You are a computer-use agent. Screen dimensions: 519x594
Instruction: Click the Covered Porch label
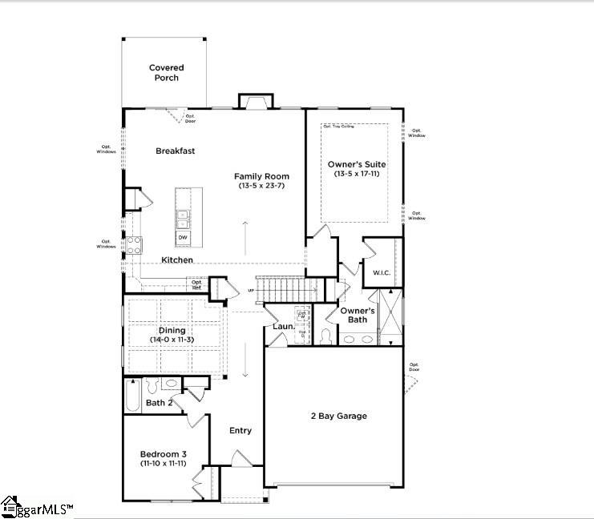click(x=167, y=73)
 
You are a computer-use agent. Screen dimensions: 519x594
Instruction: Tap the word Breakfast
click(x=175, y=151)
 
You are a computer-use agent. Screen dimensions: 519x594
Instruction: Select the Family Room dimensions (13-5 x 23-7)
click(x=261, y=186)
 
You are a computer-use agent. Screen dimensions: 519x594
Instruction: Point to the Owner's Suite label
click(x=353, y=169)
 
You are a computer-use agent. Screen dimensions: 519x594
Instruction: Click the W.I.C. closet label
click(x=382, y=273)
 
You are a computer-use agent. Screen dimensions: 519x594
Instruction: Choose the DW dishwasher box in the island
click(x=183, y=238)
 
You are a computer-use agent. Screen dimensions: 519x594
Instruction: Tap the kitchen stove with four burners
click(x=134, y=245)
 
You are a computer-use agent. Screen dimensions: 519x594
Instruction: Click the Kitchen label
click(x=176, y=260)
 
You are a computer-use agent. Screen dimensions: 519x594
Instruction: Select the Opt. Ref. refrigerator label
click(x=196, y=284)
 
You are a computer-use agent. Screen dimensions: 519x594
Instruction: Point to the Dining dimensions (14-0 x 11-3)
click(x=172, y=340)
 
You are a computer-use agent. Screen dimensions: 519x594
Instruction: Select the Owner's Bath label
click(x=358, y=315)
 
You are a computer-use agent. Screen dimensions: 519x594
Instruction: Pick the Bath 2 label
click(x=160, y=403)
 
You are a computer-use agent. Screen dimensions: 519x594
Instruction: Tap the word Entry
click(x=240, y=431)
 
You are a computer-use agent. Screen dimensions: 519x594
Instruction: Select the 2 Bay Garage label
click(x=338, y=416)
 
